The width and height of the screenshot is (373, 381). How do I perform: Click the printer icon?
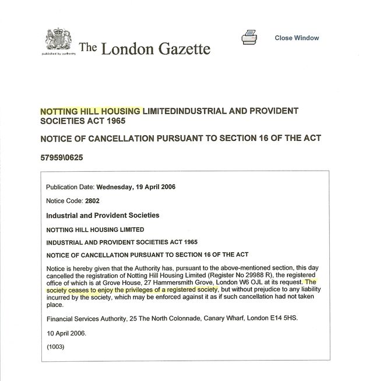[249, 38]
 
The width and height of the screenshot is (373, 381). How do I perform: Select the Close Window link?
[297, 38]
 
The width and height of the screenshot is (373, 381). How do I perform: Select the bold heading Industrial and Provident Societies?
[102, 215]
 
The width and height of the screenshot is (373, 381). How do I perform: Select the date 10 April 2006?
[66, 334]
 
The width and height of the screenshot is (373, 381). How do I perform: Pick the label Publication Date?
[70, 187]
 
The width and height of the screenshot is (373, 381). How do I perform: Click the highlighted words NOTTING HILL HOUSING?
[90, 111]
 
